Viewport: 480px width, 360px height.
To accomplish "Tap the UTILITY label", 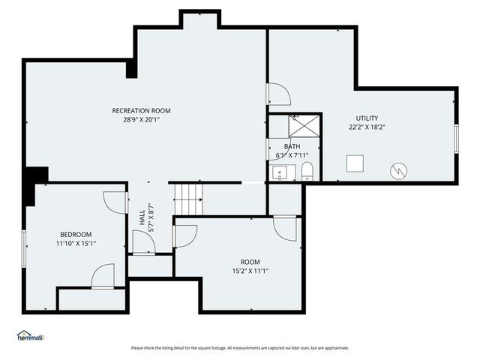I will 367,118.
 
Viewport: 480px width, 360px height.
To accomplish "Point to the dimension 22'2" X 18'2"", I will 367,127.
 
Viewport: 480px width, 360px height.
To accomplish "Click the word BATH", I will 292,147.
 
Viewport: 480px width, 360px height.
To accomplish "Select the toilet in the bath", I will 306,170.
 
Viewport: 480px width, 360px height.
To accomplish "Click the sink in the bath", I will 281,173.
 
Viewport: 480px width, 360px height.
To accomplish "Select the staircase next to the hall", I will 188,199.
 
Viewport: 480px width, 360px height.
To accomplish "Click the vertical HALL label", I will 142,218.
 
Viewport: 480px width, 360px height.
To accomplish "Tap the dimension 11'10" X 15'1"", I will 76,243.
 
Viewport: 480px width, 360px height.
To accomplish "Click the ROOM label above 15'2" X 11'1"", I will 250,262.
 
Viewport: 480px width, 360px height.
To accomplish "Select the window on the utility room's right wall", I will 455,139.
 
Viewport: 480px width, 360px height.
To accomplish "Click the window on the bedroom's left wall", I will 24,247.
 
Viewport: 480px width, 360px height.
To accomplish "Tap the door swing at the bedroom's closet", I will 103,276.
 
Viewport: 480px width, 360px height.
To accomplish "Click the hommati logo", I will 30,337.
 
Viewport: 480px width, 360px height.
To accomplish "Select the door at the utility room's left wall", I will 277,94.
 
